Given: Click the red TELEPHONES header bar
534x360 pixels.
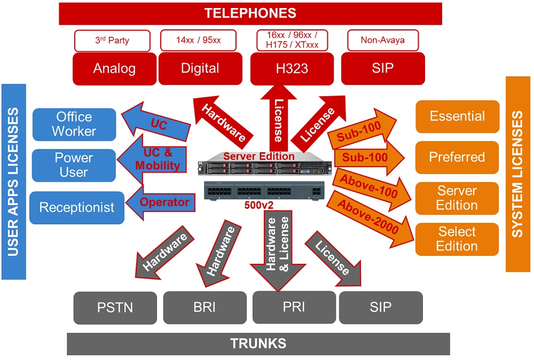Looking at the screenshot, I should coord(250,13).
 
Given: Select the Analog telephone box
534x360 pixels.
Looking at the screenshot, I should coord(114,68).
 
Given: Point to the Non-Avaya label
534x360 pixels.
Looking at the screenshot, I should coord(383,40).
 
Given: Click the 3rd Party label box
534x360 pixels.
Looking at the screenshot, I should coord(112,41).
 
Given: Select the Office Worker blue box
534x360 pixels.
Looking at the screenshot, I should coord(74,124).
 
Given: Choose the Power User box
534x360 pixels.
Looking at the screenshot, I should coord(74,165).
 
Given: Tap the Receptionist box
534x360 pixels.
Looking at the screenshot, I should coord(77,207).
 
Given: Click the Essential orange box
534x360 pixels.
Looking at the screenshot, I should coord(457,116).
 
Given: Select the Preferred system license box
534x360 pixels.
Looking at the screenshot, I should coord(457,157).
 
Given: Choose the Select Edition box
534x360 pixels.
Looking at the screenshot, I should coord(457,239).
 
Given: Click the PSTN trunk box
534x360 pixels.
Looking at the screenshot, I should coord(115,308).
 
